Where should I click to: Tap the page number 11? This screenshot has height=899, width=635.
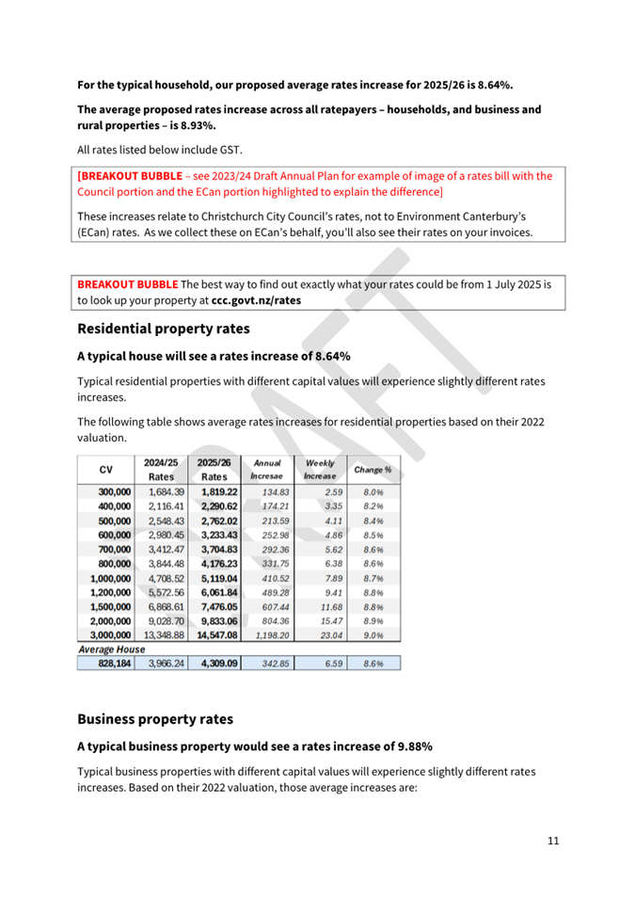tap(553, 840)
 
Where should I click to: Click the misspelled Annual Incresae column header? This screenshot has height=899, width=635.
tap(267, 469)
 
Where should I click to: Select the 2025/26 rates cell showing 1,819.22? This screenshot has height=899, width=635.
tap(218, 491)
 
